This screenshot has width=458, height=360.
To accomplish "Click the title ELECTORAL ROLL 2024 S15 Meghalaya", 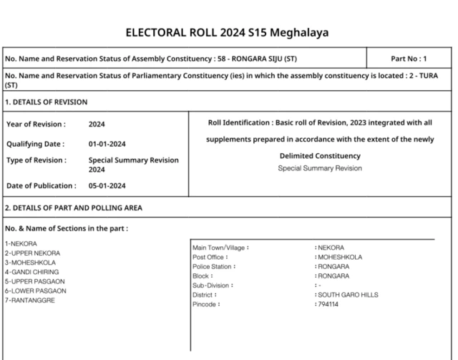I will coord(228,33).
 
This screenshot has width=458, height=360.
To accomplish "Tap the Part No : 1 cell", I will coord(409,59).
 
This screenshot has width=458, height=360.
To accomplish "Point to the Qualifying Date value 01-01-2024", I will coord(107,143).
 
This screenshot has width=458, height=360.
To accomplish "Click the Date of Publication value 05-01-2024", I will coord(107,186).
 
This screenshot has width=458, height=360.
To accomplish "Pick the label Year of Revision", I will coord(36,125).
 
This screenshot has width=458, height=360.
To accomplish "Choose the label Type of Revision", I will coord(36,160).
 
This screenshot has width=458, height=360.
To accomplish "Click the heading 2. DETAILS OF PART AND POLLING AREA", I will coord(74,208).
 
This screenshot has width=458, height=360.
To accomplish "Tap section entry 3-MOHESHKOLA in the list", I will coord(29,263).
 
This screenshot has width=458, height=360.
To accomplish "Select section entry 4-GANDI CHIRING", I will coord(31,272).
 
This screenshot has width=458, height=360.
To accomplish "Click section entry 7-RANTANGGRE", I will coord(29,300).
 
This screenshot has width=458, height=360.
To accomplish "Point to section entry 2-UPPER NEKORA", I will coord(32,253).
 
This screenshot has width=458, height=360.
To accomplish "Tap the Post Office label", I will coord(210,257).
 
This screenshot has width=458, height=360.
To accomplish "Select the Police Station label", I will coord(214,266).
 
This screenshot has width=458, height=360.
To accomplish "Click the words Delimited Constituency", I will coord(320,156).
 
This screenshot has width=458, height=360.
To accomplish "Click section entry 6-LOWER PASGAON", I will coord(35,291).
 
